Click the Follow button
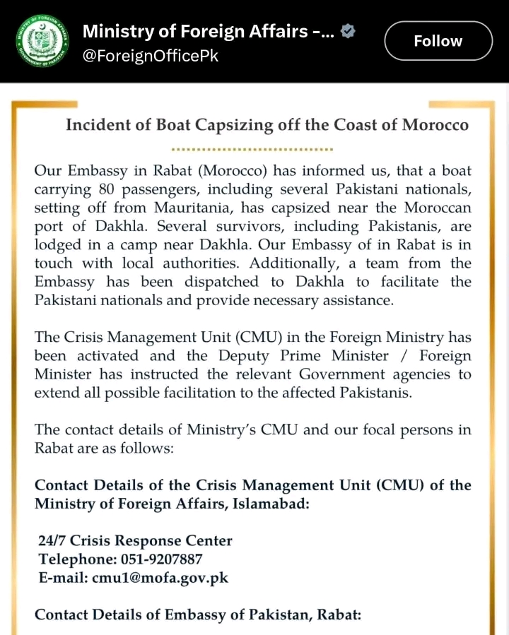pyautogui.click(x=438, y=41)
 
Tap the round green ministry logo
pyautogui.click(x=42, y=42)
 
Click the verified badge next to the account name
pyautogui.click(x=349, y=30)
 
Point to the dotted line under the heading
pyautogui.click(x=252, y=150)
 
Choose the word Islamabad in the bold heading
pyautogui.click(x=267, y=504)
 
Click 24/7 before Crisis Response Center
pyautogui.click(x=53, y=541)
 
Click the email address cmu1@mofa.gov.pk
pyautogui.click(x=160, y=578)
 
